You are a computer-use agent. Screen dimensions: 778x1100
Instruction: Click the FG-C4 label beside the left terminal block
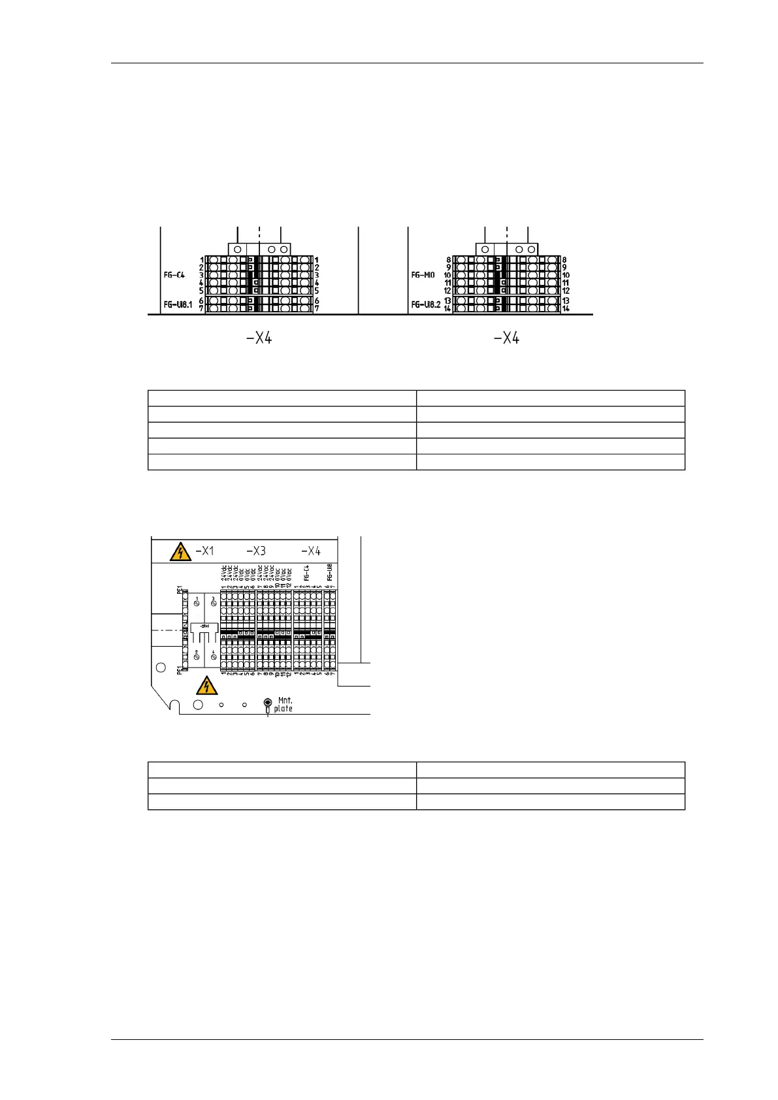point(174,275)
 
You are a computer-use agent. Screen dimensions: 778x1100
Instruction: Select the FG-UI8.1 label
point(178,304)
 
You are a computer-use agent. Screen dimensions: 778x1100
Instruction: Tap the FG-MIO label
point(423,275)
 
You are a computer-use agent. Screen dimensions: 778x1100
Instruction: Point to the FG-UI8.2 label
point(425,304)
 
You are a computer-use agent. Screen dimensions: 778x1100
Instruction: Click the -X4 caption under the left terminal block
point(259,338)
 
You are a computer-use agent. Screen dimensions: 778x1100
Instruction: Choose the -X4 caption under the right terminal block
point(506,338)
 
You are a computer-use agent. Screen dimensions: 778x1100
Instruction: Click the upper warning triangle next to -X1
point(180,552)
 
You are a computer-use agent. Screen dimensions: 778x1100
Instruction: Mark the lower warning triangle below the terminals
point(207,685)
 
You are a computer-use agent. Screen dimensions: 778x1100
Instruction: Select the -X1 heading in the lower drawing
point(204,551)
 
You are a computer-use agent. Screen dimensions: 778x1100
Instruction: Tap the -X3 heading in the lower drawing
point(256,551)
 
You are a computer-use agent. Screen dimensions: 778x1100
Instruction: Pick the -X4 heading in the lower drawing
point(310,551)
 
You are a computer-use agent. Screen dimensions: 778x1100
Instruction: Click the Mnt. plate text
point(284,704)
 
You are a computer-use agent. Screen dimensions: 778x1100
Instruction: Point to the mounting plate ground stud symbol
point(267,704)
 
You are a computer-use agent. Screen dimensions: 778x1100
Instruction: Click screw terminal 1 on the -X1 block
point(197,603)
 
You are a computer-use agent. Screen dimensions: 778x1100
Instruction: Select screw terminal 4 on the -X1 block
point(213,656)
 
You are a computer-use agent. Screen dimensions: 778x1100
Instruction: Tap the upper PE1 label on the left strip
point(179,590)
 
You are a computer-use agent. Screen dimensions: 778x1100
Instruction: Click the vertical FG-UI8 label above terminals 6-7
point(330,573)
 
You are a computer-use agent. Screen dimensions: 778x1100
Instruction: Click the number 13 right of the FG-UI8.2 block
point(566,301)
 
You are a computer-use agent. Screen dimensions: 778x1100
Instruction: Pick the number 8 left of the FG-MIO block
point(449,260)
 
